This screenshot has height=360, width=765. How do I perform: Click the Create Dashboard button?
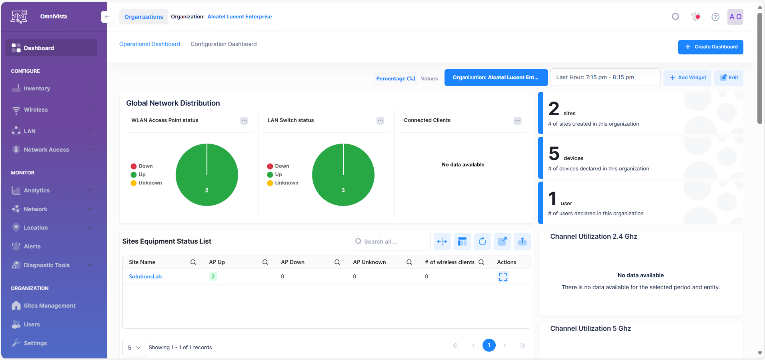coord(711,47)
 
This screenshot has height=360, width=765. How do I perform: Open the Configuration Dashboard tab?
coord(224,44)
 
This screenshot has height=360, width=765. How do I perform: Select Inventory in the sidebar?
coord(37,88)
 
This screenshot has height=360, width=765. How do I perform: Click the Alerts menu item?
coord(32,246)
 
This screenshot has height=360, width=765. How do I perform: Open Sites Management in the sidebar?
coord(49,306)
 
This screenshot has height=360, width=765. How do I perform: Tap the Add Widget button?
coord(687,78)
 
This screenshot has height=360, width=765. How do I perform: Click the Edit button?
coord(729,78)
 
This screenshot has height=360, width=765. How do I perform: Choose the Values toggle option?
coord(429,78)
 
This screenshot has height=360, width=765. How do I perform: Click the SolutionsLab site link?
coord(145,276)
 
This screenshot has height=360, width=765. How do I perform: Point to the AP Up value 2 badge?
coord(213,276)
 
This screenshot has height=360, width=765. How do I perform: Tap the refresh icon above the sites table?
coord(482,241)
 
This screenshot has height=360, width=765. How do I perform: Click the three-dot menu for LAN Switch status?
coord(380,121)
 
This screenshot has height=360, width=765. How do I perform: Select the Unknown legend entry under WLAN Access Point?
coord(150,183)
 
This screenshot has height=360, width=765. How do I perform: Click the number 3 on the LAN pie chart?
coord(343,190)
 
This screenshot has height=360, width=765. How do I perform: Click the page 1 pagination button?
coord(489,345)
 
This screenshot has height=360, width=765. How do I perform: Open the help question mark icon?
coord(715,17)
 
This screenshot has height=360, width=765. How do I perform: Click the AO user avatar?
coord(735,17)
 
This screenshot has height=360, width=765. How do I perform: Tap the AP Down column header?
coord(293,262)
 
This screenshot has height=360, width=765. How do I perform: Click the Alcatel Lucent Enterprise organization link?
coord(239,17)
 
